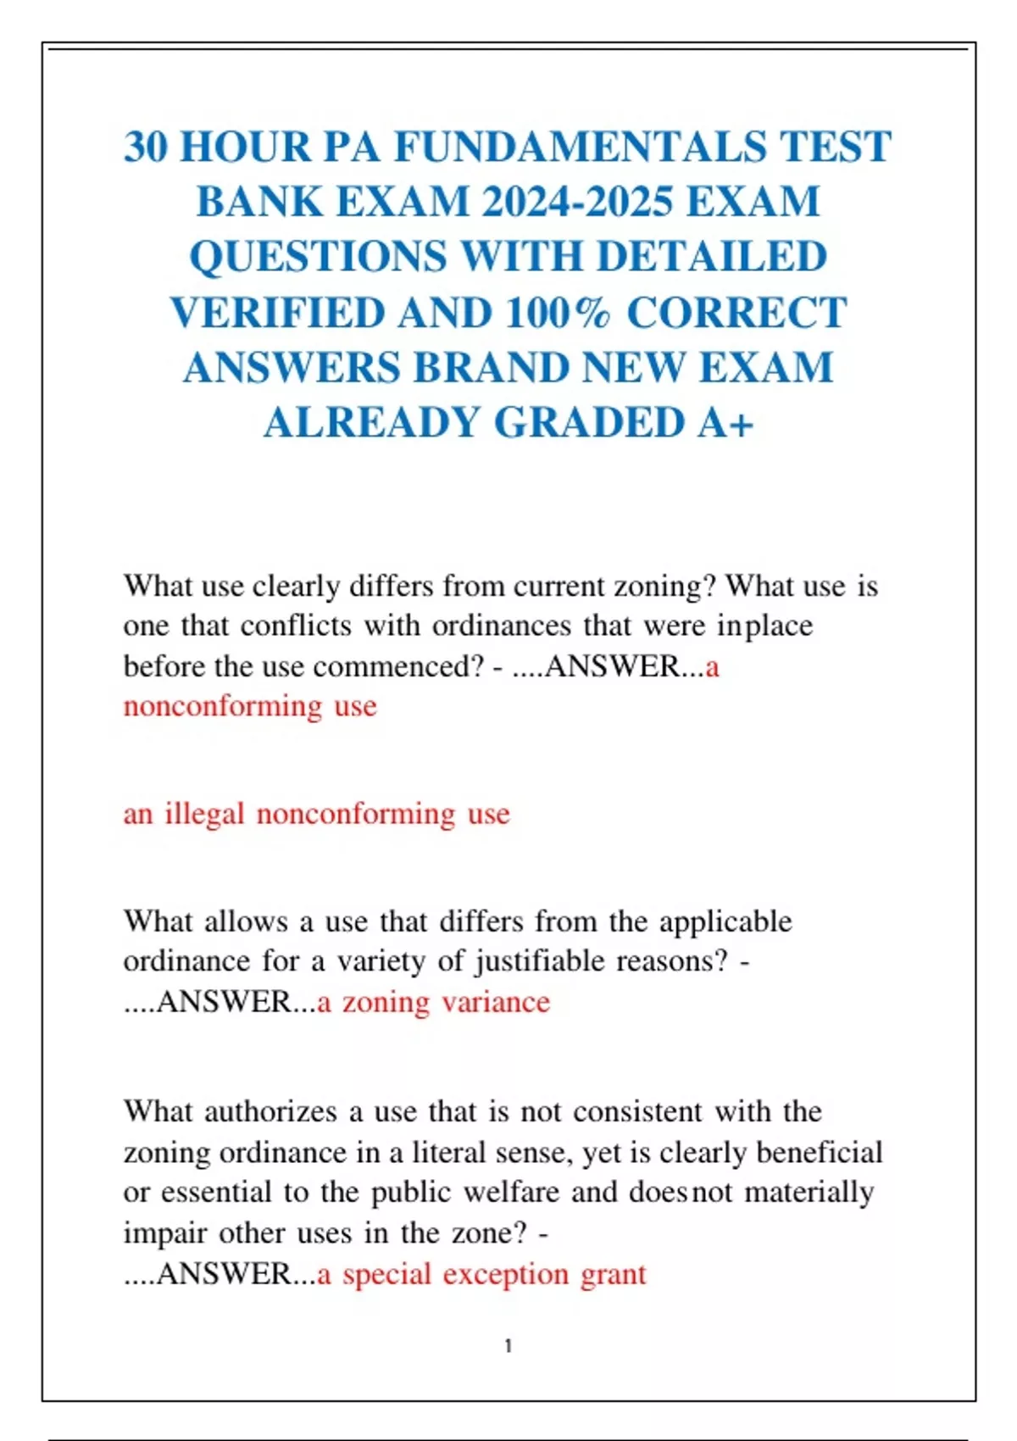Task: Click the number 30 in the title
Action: click(x=146, y=147)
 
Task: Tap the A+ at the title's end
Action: click(x=725, y=422)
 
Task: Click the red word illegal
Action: click(x=204, y=814)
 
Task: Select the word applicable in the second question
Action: click(x=725, y=921)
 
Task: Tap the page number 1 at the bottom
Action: click(x=508, y=1346)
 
